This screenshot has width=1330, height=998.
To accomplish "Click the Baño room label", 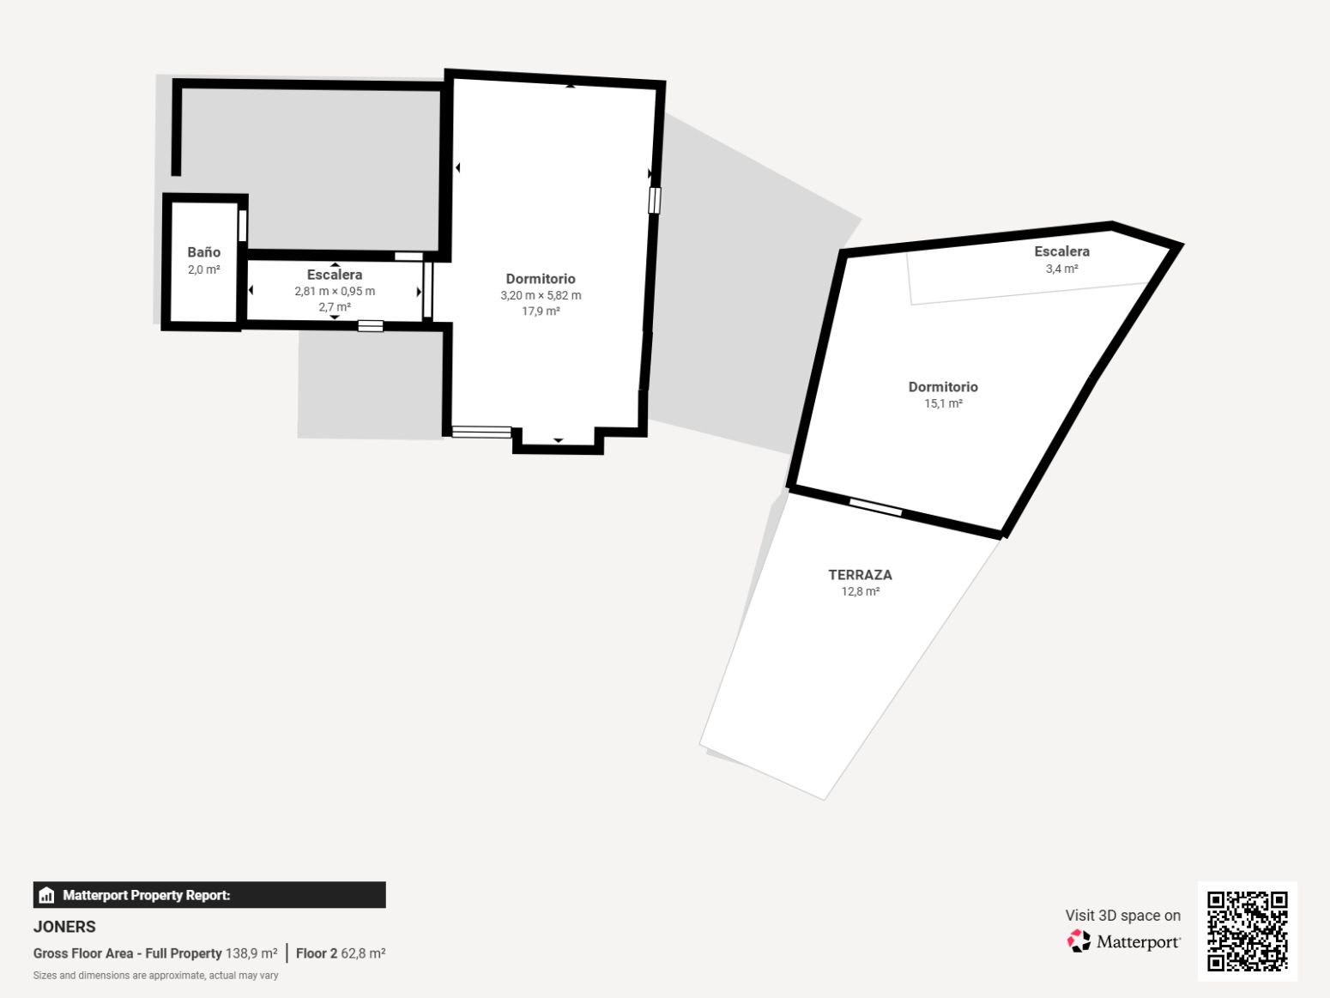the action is point(203,252).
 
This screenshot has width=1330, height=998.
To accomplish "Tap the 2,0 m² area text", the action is point(203,269).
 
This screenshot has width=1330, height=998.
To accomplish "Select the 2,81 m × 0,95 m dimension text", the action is point(335,291).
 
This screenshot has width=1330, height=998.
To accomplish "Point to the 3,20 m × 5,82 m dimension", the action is point(541,295).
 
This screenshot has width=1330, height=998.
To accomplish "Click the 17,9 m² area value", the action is point(541,311).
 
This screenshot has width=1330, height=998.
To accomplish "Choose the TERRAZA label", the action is point(860,574).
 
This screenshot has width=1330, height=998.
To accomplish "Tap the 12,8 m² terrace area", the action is point(860,590).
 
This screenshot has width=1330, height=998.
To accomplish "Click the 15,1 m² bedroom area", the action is point(943,403).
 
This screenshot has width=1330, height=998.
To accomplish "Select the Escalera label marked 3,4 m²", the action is point(1061,251).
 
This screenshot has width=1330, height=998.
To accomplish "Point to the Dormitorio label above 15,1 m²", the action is point(943,387).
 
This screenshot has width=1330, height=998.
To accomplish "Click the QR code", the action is point(1247,931).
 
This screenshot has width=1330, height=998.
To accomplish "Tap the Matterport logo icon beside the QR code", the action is point(1079,941).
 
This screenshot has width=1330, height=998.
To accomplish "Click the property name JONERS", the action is point(64,927).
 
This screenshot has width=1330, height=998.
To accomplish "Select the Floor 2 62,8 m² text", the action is point(341,953).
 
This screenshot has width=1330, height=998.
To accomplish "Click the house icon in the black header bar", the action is point(46,895).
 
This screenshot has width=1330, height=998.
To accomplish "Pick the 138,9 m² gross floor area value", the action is point(251,953).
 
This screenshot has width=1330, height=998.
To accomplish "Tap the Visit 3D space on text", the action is point(1122,916).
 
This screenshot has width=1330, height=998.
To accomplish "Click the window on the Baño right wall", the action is point(242,226).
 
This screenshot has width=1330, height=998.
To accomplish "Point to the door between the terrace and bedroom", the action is point(875,506).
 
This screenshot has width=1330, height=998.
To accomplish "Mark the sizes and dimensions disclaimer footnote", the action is point(155,976).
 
